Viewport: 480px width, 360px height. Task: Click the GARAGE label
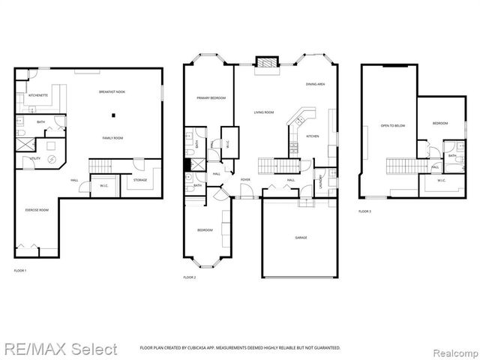click(x=301, y=238)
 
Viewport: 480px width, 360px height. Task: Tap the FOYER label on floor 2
click(x=245, y=180)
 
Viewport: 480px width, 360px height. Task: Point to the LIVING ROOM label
click(x=263, y=112)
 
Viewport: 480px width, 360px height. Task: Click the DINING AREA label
click(x=315, y=85)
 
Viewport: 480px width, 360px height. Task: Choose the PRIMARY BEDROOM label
click(x=211, y=98)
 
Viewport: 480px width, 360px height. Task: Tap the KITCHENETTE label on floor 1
click(x=38, y=96)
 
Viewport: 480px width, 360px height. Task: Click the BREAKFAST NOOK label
click(x=112, y=91)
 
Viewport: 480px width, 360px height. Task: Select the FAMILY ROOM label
click(x=113, y=138)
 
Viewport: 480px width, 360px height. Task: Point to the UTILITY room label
click(x=35, y=159)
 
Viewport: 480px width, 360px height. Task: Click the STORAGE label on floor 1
click(x=140, y=180)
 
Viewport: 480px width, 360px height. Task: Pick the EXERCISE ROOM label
click(x=37, y=210)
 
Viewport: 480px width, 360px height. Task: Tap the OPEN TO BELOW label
click(x=392, y=126)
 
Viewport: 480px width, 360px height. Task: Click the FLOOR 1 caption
click(x=20, y=270)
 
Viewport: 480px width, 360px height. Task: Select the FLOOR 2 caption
click(x=190, y=277)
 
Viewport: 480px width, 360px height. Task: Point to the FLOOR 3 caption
click(x=364, y=212)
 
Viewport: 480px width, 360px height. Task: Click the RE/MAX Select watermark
click(x=59, y=349)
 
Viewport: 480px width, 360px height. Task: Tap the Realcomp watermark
click(x=453, y=349)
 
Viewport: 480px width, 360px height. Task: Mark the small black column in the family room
click(x=113, y=115)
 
